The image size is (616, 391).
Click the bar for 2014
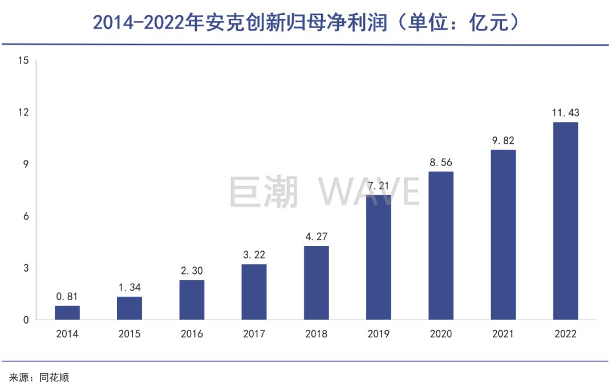click(x=67, y=313)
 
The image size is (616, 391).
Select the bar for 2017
click(x=254, y=292)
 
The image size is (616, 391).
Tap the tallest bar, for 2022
click(x=565, y=221)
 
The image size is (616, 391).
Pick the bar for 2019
click(x=379, y=257)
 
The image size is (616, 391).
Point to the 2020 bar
click(x=441, y=245)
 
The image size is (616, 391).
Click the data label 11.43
click(x=565, y=113)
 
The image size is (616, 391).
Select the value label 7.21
click(x=379, y=186)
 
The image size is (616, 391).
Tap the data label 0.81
click(x=67, y=297)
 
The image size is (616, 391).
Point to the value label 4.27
click(x=317, y=237)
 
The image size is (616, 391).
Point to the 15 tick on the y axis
click(x=23, y=61)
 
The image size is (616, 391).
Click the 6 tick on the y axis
click(x=26, y=216)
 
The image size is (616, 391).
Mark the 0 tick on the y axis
click(x=26, y=320)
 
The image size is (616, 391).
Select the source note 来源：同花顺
click(x=39, y=378)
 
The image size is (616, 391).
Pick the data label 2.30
click(x=192, y=271)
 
